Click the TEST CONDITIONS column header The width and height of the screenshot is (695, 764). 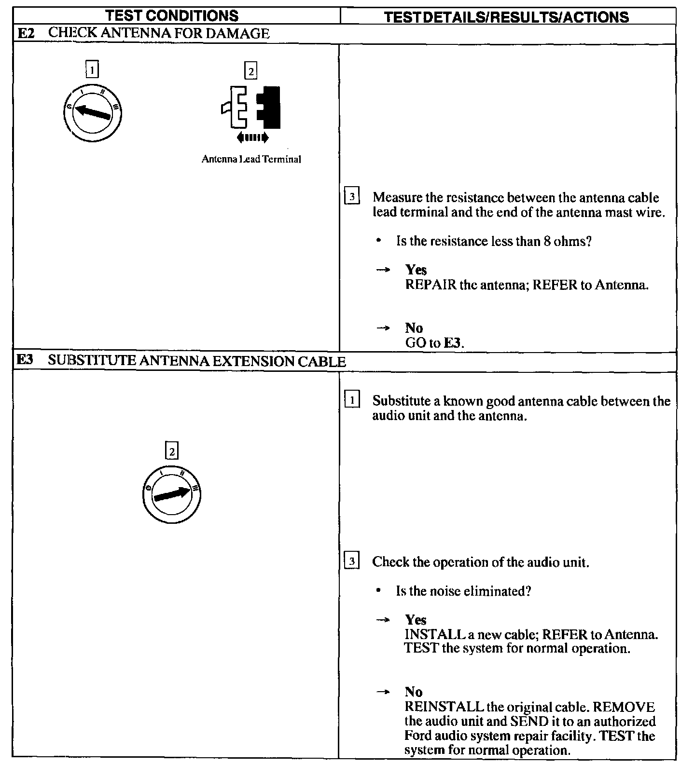click(x=172, y=15)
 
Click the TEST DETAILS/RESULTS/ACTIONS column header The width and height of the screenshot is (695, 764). click(x=507, y=17)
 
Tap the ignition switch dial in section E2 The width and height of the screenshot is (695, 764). click(x=92, y=113)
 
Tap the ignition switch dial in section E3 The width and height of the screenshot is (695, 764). click(x=172, y=494)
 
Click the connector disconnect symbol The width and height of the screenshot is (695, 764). click(x=251, y=108)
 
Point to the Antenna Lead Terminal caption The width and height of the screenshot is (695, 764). click(x=251, y=159)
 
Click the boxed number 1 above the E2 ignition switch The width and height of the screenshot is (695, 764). click(x=92, y=70)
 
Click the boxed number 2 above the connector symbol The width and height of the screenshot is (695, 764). click(x=250, y=71)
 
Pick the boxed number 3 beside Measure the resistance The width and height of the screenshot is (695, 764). click(x=352, y=197)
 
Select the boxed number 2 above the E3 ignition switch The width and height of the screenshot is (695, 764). click(x=171, y=451)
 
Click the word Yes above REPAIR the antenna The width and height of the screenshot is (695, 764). click(x=416, y=270)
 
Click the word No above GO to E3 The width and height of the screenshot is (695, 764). click(x=414, y=328)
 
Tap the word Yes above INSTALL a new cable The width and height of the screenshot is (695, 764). click(x=416, y=619)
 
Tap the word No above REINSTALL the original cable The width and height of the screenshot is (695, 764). click(x=414, y=692)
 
